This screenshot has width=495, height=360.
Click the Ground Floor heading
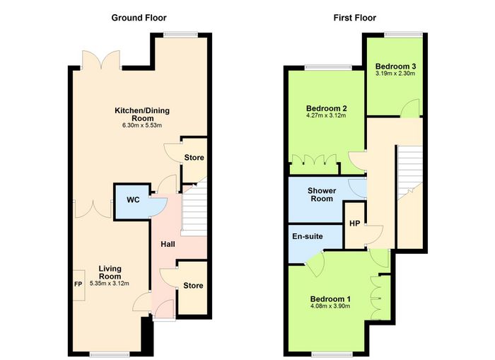tap(139, 18)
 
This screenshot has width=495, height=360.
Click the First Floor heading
tap(355, 18)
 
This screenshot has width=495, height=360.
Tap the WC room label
tap(133, 200)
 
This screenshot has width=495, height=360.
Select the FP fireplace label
tap(78, 284)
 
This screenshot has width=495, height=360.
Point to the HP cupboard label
tap(354, 223)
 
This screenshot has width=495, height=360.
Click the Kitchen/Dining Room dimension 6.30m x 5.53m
tap(142, 125)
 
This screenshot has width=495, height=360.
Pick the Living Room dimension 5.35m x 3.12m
tap(110, 284)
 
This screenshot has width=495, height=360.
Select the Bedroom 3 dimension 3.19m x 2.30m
tap(395, 74)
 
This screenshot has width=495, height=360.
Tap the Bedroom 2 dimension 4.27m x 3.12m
tap(326, 115)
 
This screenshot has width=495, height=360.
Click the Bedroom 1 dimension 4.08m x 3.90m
tap(330, 306)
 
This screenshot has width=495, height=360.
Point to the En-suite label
tap(307, 236)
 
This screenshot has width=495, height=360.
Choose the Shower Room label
tap(322, 194)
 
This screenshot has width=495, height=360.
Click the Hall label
tap(168, 244)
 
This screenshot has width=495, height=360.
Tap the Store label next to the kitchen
tap(194, 157)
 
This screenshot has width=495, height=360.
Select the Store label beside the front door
tap(193, 286)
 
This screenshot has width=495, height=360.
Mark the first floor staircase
tap(410, 172)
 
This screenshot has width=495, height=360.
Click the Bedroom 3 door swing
tap(409, 108)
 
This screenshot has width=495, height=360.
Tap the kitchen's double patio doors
tap(101, 59)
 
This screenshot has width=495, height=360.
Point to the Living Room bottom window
tap(110, 354)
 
